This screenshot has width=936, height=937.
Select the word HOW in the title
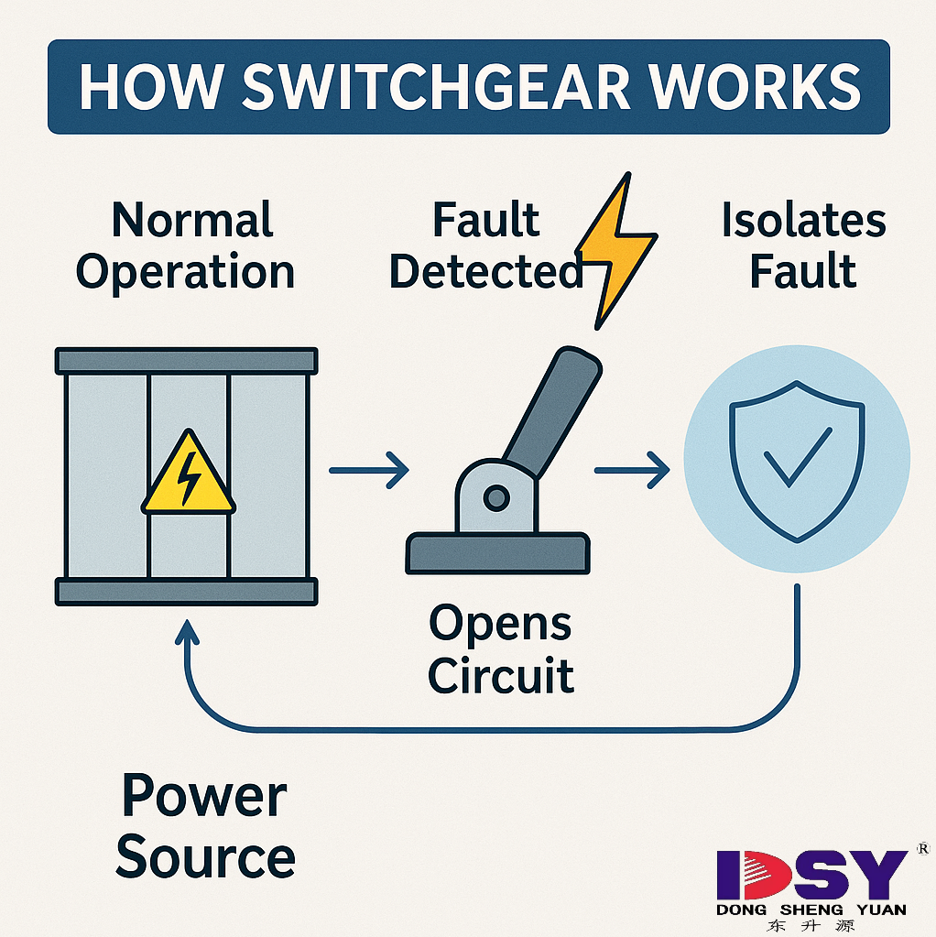tap(147, 86)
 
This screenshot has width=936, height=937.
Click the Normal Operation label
tap(186, 246)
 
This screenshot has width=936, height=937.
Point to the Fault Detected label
tap(486, 246)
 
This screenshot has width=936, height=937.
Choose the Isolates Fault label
tap(803, 246)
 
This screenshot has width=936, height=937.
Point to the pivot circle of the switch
tap(496, 499)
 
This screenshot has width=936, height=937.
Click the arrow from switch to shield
tap(632, 471)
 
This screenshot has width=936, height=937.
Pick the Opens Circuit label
tap(501, 650)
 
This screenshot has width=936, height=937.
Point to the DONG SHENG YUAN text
tap(811, 910)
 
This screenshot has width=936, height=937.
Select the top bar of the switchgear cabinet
tap(187, 360)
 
